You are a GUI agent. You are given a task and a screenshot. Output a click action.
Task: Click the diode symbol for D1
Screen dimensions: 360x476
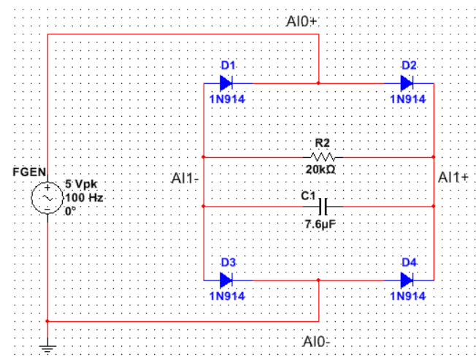226,83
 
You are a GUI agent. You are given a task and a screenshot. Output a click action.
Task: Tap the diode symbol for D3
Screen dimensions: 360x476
226,280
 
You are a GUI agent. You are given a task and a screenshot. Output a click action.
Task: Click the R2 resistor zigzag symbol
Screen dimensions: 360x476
322,157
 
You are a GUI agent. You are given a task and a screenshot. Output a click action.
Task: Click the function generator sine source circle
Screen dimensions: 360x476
47,197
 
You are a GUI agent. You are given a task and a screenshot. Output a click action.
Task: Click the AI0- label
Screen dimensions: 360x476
318,342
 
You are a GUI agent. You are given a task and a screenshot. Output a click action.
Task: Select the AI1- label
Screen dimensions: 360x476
185,178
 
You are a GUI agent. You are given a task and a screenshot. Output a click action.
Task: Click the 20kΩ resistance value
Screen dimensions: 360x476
321,169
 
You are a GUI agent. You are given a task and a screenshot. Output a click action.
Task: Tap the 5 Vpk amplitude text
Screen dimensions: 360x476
81,184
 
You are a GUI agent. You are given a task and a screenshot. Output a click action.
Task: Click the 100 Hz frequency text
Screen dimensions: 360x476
81,197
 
